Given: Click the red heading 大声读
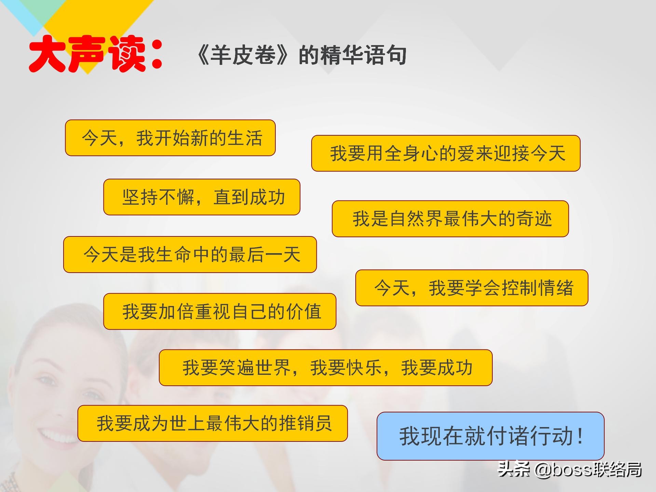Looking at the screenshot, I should [x=87, y=55].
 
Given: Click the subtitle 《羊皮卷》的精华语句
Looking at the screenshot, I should [x=301, y=55].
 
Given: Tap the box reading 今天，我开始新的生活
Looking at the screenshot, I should [x=170, y=138].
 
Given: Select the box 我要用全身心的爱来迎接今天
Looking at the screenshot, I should [x=446, y=153].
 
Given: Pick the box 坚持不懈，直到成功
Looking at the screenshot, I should [x=202, y=197].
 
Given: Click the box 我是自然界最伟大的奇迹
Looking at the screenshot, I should [x=450, y=219].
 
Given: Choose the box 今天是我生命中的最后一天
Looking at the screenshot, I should [x=190, y=255].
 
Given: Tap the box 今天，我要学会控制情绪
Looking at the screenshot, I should [x=471, y=288].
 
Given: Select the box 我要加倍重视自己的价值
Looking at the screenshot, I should [x=219, y=311].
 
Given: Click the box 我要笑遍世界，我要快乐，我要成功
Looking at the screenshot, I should [x=325, y=368].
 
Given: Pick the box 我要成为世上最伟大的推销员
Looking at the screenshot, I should [x=212, y=423].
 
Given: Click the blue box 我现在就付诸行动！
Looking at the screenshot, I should [x=490, y=436].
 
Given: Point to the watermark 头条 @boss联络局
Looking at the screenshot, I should [x=569, y=469].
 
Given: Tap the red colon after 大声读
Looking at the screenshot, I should [x=157, y=55].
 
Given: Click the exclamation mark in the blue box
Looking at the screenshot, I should [x=579, y=436].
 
